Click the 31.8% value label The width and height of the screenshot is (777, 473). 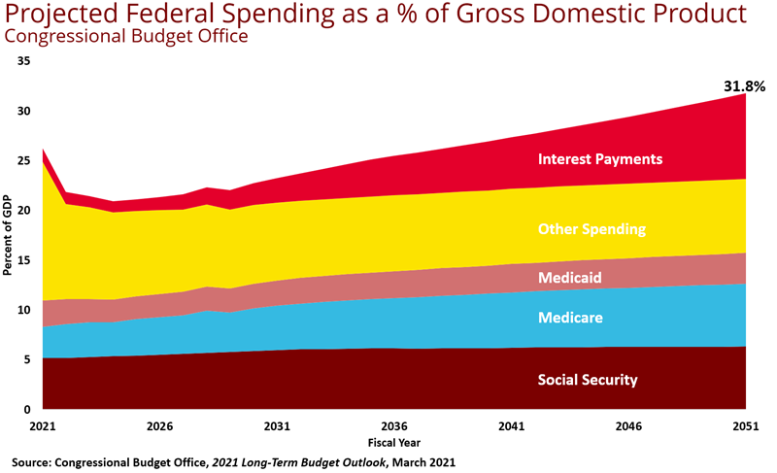(744, 86)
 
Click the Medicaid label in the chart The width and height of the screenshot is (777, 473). (570, 278)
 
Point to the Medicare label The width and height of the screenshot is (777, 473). (570, 318)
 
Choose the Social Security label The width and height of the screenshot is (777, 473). (588, 380)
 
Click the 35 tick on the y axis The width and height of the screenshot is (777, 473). (24, 61)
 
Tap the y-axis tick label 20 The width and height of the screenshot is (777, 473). (24, 211)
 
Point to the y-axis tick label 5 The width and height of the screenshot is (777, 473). (27, 360)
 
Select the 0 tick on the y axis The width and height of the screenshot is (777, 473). (27, 410)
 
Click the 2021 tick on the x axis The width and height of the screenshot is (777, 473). (43, 426)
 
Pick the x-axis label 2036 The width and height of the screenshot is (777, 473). (393, 426)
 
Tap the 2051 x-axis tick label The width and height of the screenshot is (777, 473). (745, 426)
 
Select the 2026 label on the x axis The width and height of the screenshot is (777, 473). (159, 426)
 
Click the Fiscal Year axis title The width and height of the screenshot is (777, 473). (393, 441)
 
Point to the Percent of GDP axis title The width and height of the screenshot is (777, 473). (8, 235)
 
